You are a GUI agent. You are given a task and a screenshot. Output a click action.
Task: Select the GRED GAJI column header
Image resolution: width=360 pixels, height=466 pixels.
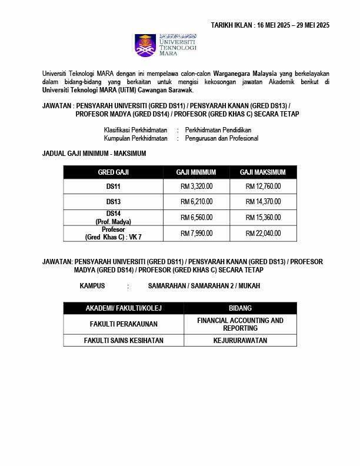coord(113,172)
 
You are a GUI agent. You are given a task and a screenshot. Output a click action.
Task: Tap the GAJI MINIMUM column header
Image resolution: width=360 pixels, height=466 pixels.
coord(196,172)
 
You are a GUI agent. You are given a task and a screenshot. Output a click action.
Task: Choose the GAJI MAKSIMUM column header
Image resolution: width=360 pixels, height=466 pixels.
coord(262,172)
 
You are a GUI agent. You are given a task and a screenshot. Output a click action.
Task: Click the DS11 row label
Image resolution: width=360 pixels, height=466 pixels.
coord(113,187)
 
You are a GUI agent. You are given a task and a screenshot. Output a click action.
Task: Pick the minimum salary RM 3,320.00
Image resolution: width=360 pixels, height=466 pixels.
coord(196,187)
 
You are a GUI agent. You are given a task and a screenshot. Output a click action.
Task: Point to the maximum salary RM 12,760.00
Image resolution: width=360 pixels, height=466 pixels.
coord(263,187)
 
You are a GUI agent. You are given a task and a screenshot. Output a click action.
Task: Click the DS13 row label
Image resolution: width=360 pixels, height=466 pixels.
coord(113,202)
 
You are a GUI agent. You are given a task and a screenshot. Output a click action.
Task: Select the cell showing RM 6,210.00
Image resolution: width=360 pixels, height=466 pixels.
coord(196,202)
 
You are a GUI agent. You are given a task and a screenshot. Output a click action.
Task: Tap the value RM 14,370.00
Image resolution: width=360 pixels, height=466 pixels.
coord(263,202)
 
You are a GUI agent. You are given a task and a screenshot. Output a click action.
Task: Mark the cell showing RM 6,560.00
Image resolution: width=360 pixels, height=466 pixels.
coord(196,217)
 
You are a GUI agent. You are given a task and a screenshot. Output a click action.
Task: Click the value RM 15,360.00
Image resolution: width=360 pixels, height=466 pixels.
coord(263,217)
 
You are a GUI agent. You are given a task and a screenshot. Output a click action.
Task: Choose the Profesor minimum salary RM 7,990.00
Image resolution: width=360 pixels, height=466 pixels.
coord(196,233)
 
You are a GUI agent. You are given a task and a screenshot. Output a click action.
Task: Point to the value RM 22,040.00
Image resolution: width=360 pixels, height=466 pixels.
coord(263,233)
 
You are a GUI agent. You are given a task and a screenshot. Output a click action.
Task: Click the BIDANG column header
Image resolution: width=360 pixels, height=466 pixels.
coord(240,308)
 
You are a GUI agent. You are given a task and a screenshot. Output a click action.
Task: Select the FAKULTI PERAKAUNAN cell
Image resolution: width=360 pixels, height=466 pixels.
coord(124,324)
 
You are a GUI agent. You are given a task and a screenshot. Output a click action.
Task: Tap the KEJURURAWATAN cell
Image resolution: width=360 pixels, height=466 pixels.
coord(240,340)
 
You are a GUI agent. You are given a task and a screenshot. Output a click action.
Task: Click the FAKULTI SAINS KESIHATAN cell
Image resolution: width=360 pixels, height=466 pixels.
coord(124,340)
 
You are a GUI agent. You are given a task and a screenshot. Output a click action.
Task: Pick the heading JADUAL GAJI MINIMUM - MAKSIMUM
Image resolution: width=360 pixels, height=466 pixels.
coord(94,154)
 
